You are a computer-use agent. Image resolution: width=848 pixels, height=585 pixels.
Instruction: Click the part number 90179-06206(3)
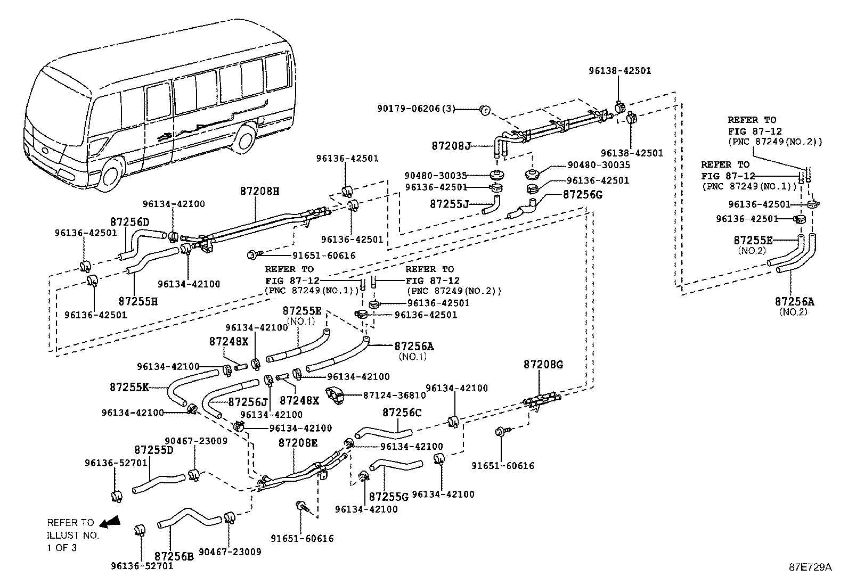(416, 109)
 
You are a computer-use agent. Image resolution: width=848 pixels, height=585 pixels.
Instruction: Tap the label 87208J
(451, 146)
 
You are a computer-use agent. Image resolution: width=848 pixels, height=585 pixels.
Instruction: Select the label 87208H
(260, 191)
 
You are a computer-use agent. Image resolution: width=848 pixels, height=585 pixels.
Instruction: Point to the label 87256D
(130, 222)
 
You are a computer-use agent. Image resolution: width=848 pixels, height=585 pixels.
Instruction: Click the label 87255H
(138, 301)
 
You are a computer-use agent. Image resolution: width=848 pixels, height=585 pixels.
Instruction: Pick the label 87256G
(583, 194)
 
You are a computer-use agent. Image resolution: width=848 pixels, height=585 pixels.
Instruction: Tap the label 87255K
(129, 387)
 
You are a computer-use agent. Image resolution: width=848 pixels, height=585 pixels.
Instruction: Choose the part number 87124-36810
(395, 395)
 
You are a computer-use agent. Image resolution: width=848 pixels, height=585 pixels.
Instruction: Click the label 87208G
(543, 365)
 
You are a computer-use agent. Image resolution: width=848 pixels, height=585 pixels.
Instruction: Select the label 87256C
(402, 412)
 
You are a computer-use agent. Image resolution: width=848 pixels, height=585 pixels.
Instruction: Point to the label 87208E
(298, 442)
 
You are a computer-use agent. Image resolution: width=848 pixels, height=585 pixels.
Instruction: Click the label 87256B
(174, 556)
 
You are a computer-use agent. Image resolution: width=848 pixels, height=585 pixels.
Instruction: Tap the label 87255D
(154, 450)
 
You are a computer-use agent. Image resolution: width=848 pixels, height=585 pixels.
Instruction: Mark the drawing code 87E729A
(810, 567)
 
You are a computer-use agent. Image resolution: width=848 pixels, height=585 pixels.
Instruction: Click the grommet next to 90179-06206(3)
(485, 110)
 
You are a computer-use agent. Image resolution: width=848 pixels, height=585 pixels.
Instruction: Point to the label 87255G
(389, 497)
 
